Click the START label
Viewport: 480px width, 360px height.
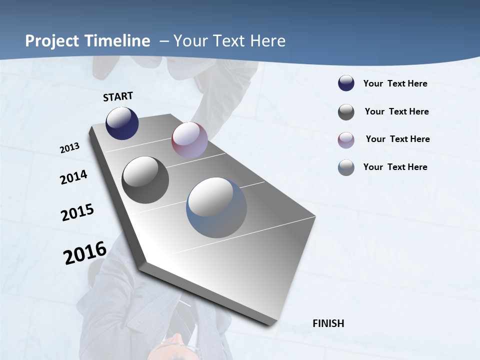pyautogui.click(x=118, y=96)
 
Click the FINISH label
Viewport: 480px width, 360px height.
pyautogui.click(x=328, y=323)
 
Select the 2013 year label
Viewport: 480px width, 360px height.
pyautogui.click(x=70, y=148)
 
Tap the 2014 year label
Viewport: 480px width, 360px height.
pyautogui.click(x=73, y=177)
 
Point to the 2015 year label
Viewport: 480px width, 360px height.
pyautogui.click(x=77, y=212)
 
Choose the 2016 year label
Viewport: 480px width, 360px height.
pyautogui.click(x=85, y=252)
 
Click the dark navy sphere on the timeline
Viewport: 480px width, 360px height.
pyautogui.click(x=122, y=123)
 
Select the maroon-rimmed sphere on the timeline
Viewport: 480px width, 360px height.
pyautogui.click(x=189, y=140)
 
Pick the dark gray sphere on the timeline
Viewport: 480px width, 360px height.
pyautogui.click(x=145, y=180)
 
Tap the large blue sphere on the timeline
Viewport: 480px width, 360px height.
pyautogui.click(x=216, y=207)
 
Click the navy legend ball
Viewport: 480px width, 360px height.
pyautogui.click(x=346, y=83)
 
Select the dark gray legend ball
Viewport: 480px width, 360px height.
pyautogui.click(x=346, y=112)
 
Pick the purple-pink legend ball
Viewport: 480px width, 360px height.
pyautogui.click(x=346, y=139)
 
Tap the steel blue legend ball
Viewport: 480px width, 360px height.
pyautogui.click(x=346, y=167)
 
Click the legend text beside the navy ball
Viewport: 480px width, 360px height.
pyautogui.click(x=395, y=83)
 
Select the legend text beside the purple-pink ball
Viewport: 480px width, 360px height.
pyautogui.click(x=397, y=139)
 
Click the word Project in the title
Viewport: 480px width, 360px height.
pyautogui.click(x=52, y=41)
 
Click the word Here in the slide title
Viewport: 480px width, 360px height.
pyautogui.click(x=267, y=41)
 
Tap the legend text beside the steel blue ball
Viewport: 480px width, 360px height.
pyautogui.click(x=395, y=167)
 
